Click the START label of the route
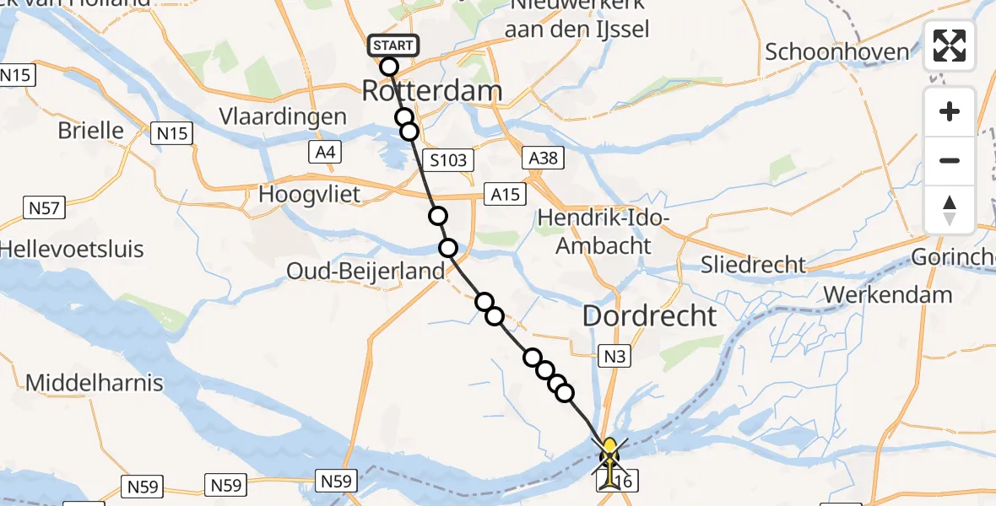(x=392, y=46)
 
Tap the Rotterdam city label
(x=431, y=91)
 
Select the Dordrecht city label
(x=649, y=316)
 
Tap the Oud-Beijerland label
(x=365, y=272)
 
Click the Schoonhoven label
(x=836, y=51)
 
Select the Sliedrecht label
(x=754, y=265)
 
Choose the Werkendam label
(x=888, y=295)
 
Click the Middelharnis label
(x=95, y=383)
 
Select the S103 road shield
(x=448, y=159)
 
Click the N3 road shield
(x=614, y=356)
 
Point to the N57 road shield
(x=45, y=207)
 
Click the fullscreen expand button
(x=950, y=46)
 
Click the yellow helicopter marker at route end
(x=609, y=455)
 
